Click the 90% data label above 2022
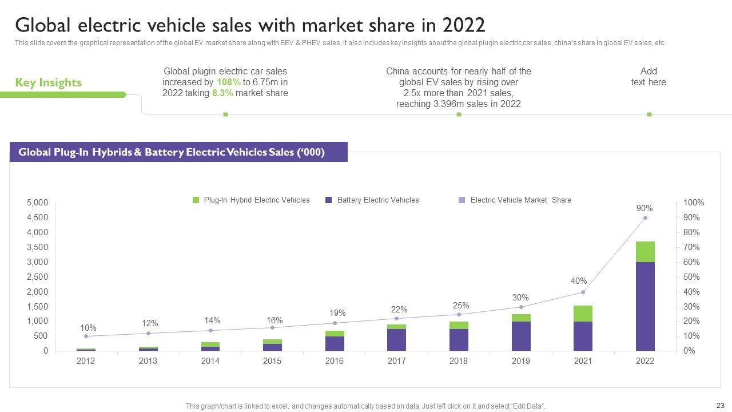(645, 208)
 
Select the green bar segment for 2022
(645, 252)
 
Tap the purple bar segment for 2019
(521, 336)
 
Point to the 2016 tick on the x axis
(335, 361)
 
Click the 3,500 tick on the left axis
(37, 247)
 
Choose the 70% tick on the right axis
(693, 247)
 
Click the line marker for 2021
(583, 292)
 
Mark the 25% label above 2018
(461, 306)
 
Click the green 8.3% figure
(222, 93)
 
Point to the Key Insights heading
(48, 82)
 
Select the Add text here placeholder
(649, 77)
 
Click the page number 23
(720, 405)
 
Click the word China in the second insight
(399, 72)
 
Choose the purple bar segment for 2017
(397, 339)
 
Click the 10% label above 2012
(88, 328)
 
